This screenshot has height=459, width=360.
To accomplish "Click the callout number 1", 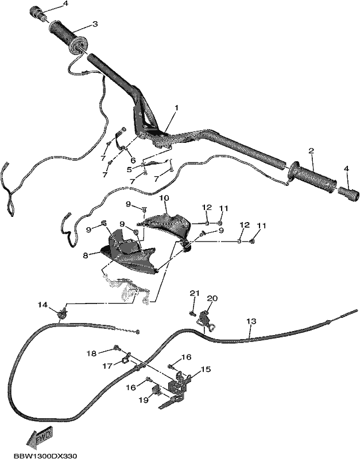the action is [177, 108].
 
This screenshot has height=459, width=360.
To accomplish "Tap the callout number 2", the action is [311, 151].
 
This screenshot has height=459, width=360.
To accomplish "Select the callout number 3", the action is [95, 24].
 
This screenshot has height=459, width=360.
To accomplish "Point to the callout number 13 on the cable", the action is [251, 321].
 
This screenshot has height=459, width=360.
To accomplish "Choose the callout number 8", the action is [85, 255].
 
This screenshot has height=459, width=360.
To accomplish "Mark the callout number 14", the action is [42, 305].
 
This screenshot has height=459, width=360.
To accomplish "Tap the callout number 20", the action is [212, 298].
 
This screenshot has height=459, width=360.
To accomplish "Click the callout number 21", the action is [194, 293].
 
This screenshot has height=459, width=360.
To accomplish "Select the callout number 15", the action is [206, 369].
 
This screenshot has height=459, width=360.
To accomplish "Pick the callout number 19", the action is [143, 400].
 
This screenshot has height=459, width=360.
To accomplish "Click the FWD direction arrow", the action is [40, 434].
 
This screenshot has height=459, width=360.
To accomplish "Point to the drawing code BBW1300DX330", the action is [45, 456].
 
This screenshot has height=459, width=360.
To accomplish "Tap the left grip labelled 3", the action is [67, 37].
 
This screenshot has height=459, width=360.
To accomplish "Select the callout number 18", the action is [91, 353].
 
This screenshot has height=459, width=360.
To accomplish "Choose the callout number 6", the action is [133, 160].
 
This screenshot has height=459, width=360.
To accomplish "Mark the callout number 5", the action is [129, 169].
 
